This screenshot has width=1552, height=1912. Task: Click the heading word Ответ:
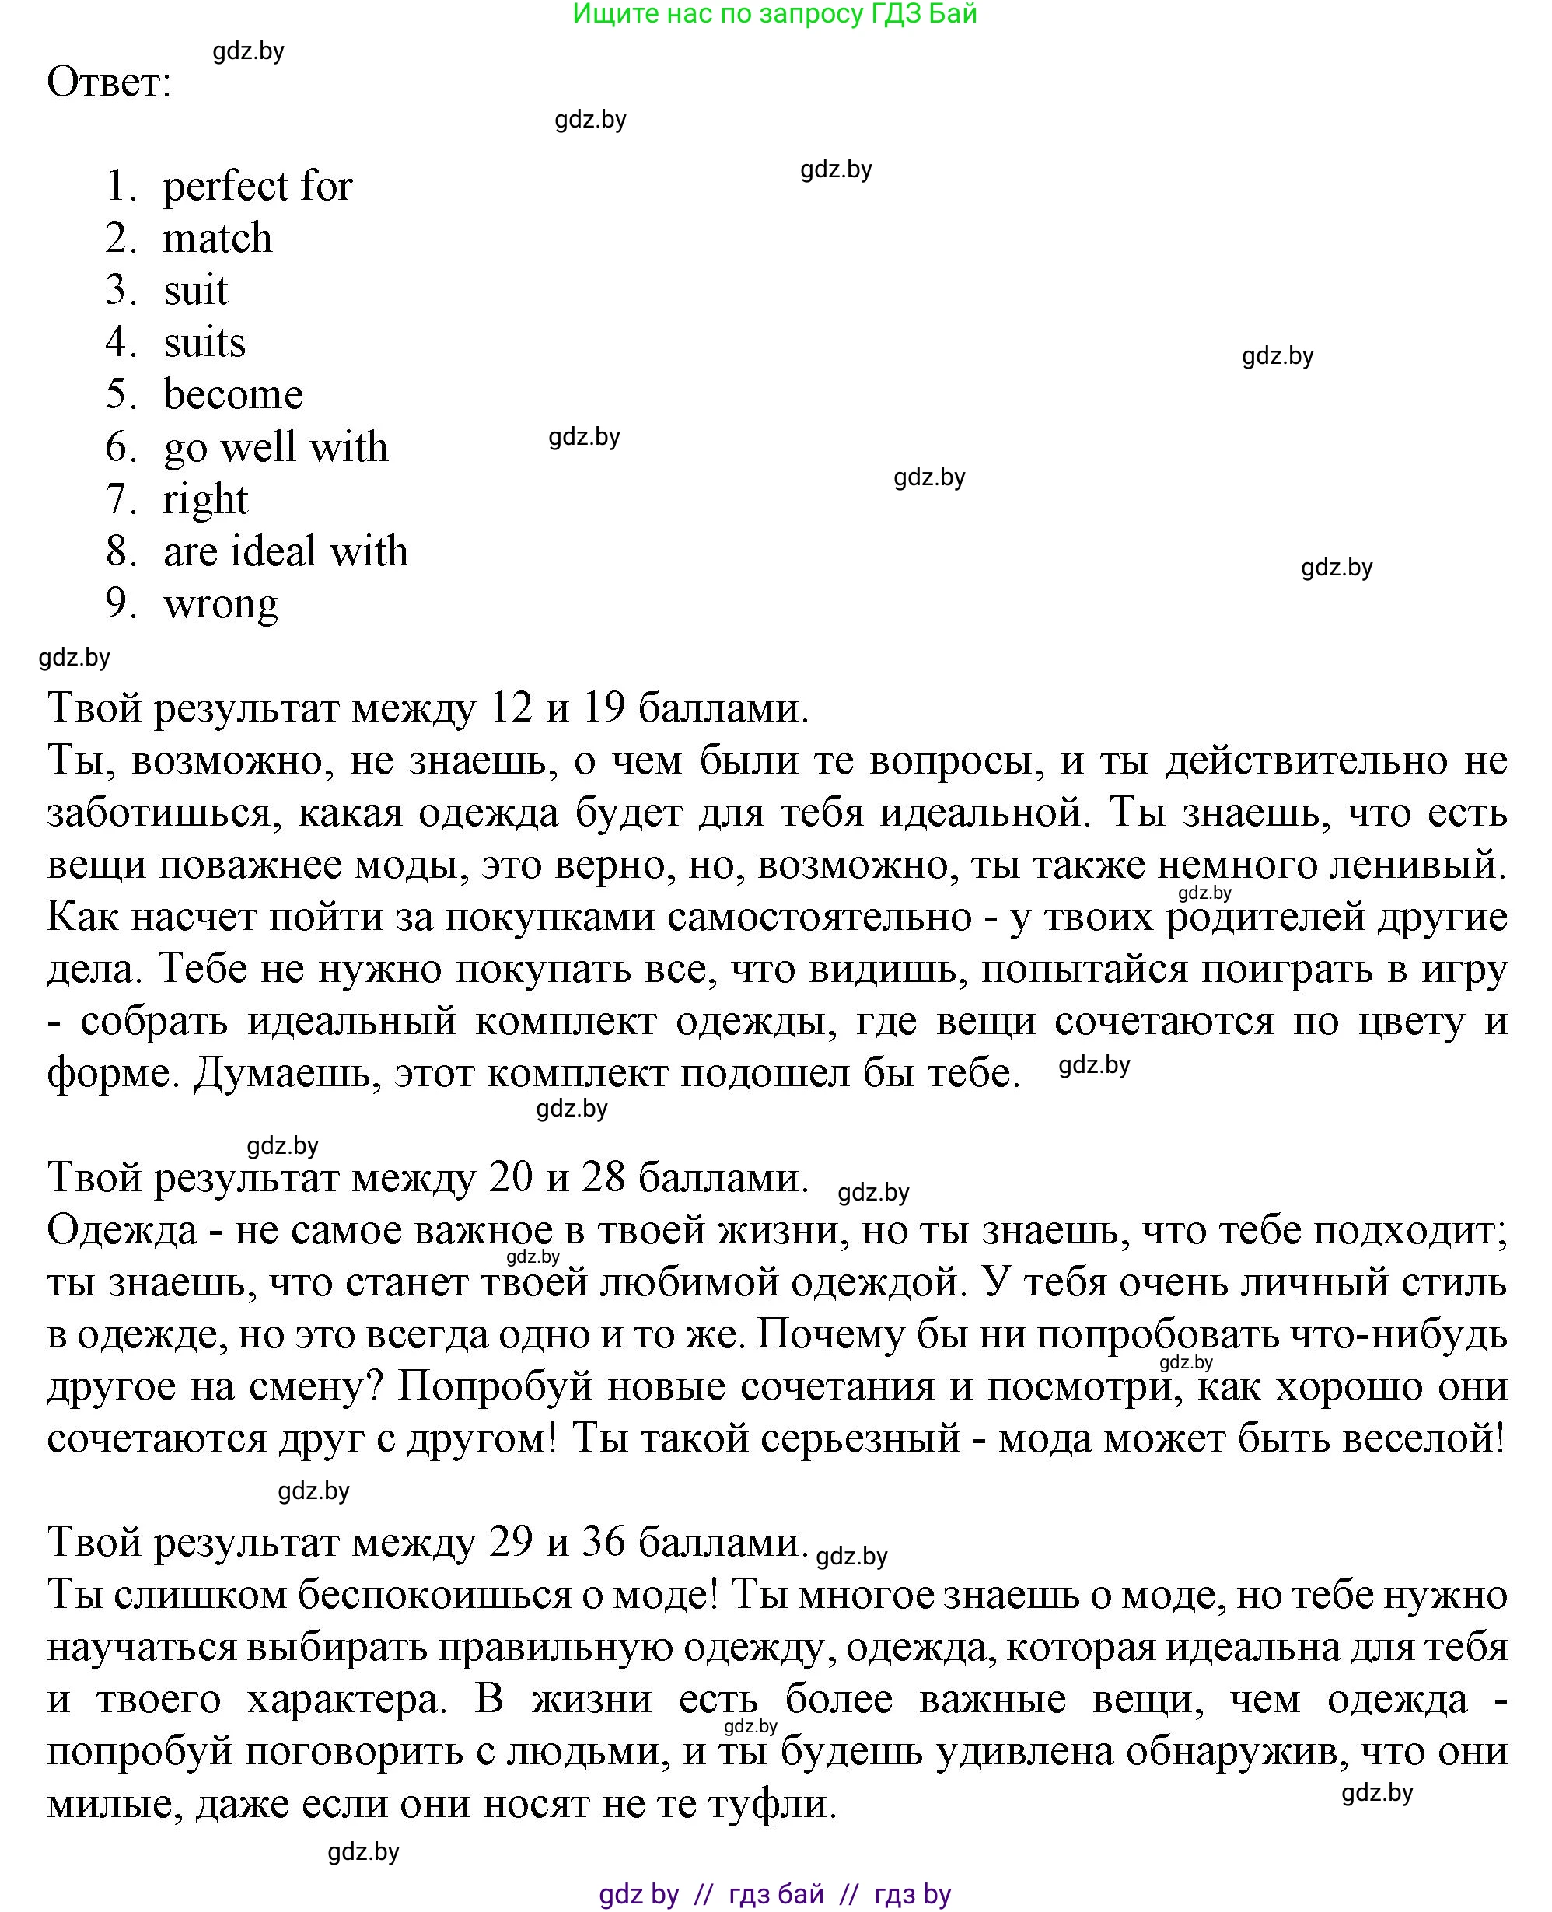(108, 83)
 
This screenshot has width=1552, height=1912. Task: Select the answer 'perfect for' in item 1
(257, 187)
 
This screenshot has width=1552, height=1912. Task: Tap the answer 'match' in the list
(217, 239)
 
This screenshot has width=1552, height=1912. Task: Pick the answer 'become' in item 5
(233, 395)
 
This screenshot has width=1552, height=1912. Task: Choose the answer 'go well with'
(275, 447)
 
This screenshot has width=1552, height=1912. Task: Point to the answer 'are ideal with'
(285, 551)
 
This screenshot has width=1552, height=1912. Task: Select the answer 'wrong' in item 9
(221, 604)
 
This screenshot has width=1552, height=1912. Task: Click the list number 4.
(119, 342)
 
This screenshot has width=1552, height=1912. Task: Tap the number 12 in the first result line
(511, 708)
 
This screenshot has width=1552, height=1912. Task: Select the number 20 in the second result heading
(511, 1177)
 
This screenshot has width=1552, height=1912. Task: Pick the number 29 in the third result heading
(511, 1541)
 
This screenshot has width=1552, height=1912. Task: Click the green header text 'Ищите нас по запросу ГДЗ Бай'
(774, 13)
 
